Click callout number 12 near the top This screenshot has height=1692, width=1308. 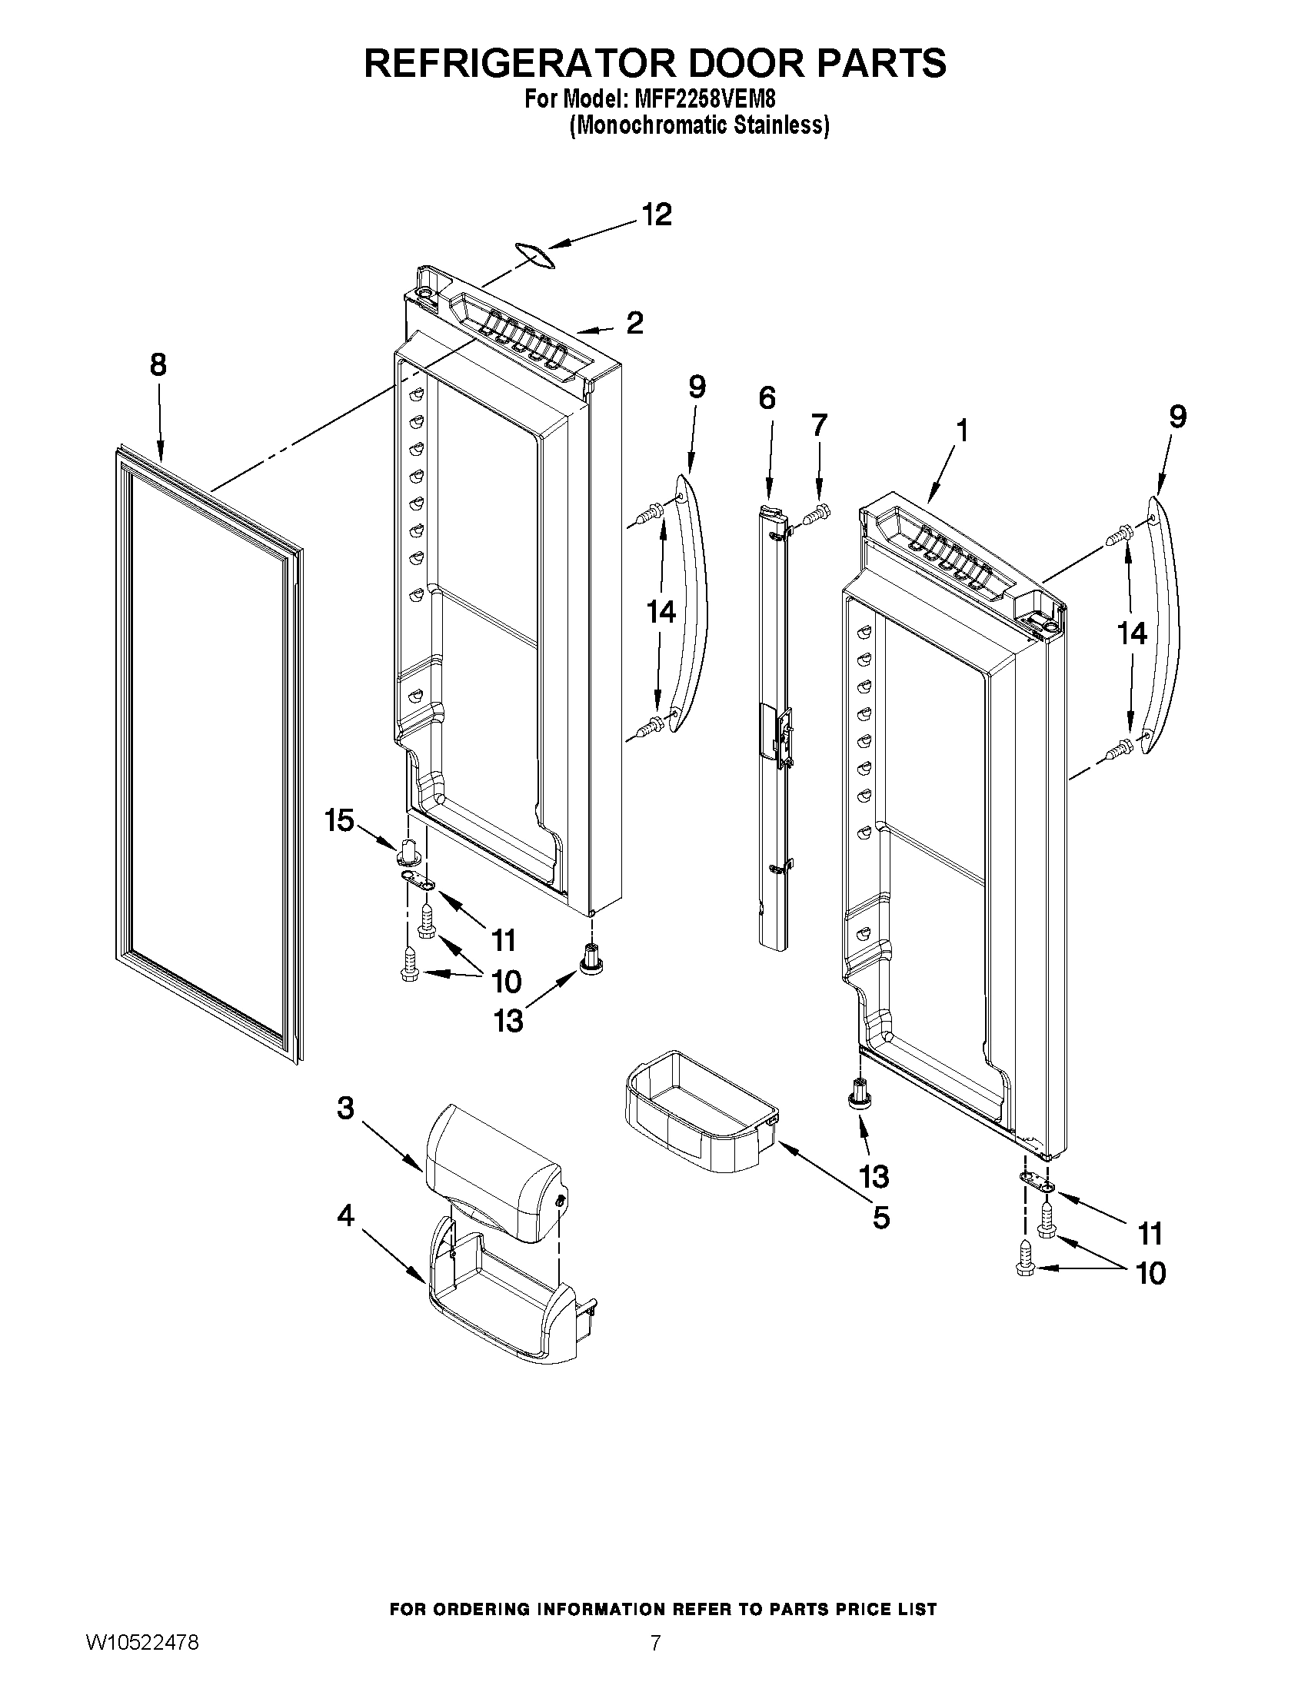pos(657,214)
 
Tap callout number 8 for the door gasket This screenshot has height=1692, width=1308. pos(158,365)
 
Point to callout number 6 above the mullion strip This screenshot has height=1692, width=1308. pos(767,398)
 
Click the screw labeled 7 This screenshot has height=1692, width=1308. pos(815,514)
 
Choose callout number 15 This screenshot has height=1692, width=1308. pos(339,819)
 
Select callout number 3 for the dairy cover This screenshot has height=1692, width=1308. pos(345,1109)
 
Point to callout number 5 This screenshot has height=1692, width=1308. pos(881,1218)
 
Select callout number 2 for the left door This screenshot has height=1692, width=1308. pos(634,323)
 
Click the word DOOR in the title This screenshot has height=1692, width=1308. pos(736,63)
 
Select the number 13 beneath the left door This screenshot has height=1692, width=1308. pos(509,1021)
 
